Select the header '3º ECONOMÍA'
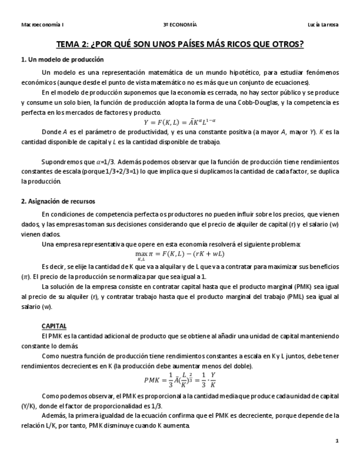click(x=180, y=25)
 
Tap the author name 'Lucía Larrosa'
click(x=323, y=25)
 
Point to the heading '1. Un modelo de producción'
click(x=62, y=59)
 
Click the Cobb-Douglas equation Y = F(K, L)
click(x=180, y=121)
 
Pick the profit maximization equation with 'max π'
click(x=180, y=254)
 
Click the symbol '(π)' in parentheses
click(x=26, y=276)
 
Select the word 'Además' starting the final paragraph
click(x=53, y=415)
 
